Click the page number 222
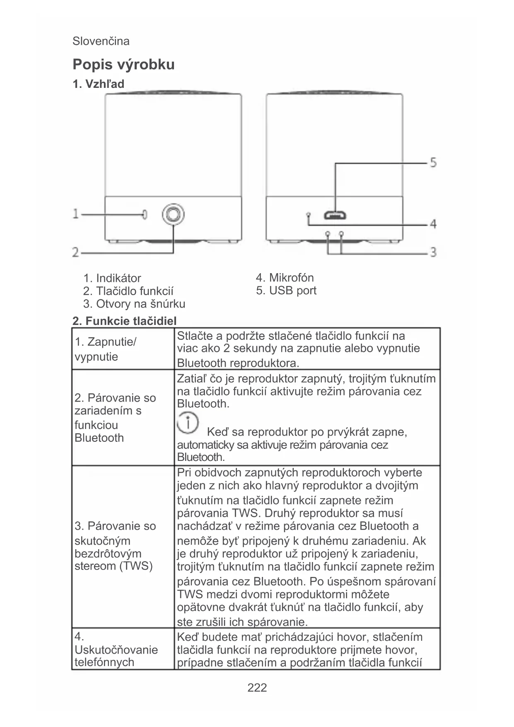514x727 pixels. tap(257, 688)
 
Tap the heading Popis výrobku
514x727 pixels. tap(123, 65)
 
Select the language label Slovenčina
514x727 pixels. tap(101, 41)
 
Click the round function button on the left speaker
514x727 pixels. tap(173, 214)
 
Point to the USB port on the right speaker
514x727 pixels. tap(335, 215)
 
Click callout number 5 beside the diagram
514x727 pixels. tap(433, 162)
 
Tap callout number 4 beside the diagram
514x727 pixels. tap(433, 224)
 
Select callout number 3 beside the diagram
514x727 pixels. tap(433, 252)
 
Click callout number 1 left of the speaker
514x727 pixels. tap(76, 214)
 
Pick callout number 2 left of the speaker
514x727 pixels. tap(76, 252)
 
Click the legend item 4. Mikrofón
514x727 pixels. tap(285, 278)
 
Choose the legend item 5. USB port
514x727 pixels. tap(286, 291)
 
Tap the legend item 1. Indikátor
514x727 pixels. tap(112, 278)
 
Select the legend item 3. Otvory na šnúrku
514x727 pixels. tap(134, 304)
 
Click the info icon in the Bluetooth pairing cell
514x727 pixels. tap(188, 423)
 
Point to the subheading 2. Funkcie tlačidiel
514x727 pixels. tap(124, 321)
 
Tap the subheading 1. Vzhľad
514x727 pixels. tap(98, 84)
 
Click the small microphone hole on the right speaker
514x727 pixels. tap(308, 214)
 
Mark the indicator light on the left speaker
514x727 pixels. tap(145, 214)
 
